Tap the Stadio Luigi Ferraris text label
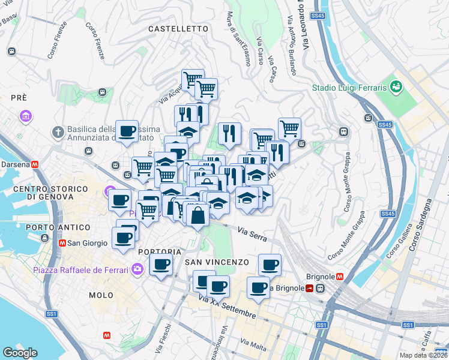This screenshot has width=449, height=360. coord(349,88)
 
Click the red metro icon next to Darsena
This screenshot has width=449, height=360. coord(35,164)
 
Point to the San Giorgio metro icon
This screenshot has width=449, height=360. coord(62,243)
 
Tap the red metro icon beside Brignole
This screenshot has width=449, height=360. coord(340,277)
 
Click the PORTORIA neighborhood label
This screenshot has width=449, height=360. coord(159,251)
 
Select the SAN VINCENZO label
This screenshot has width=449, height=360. coord(216,262)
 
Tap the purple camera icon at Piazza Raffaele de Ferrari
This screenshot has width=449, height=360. coord(138,269)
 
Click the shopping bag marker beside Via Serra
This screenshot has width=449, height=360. coord(197,214)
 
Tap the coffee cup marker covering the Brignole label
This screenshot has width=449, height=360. coord(259,287)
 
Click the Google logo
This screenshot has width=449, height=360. coord(20,353)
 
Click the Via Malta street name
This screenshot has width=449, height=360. coord(253,344)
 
